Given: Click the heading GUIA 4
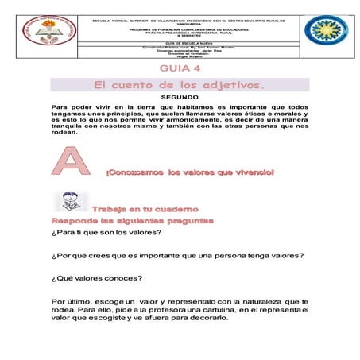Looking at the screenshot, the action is pyautogui.click(x=180, y=69).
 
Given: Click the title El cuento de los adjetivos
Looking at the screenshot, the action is pyautogui.click(x=180, y=83).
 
